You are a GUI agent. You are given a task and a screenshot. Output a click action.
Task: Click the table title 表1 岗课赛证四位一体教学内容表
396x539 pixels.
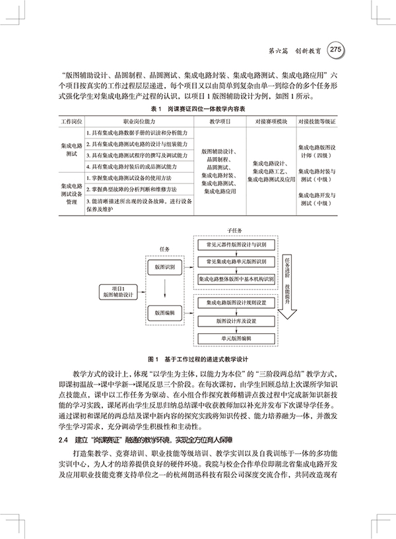click(x=198, y=108)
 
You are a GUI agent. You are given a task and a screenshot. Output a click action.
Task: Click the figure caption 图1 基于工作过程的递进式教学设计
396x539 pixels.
click(x=198, y=360)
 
